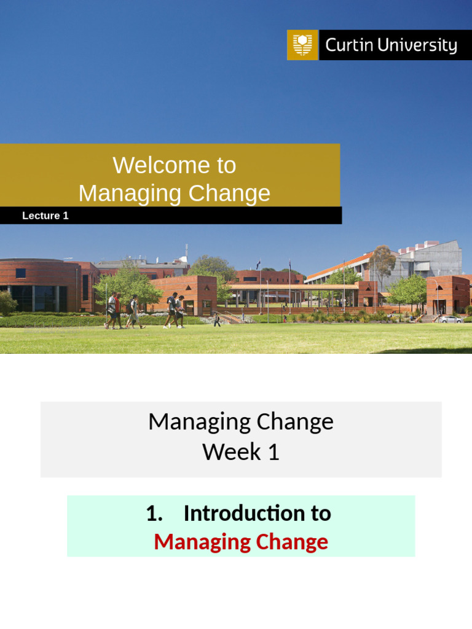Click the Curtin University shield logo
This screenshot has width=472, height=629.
click(x=302, y=45)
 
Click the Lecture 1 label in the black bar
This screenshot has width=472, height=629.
click(x=45, y=216)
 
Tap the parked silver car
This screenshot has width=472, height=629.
click(x=450, y=319)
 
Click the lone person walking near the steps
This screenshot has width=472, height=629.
click(x=217, y=319)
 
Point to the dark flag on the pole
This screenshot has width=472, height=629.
click(x=259, y=264)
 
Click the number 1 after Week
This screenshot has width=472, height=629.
click(x=272, y=452)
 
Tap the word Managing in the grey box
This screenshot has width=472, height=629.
click(x=191, y=422)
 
